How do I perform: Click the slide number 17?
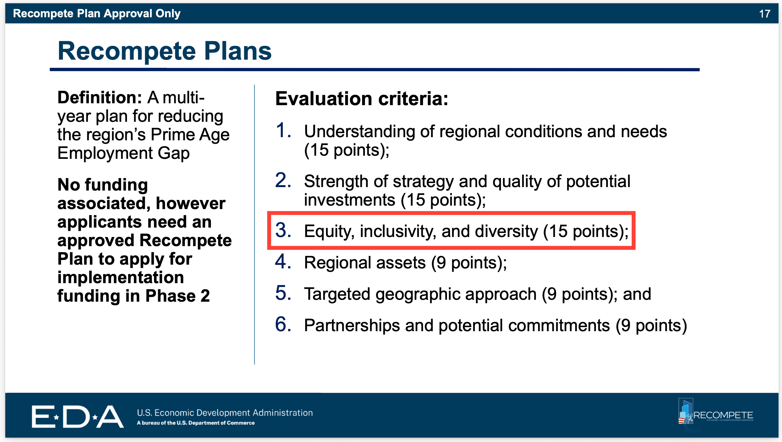tap(765, 14)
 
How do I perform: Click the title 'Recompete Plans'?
tap(165, 51)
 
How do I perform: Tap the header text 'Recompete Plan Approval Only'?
tap(97, 13)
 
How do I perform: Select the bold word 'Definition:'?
tap(100, 97)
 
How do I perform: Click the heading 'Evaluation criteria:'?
tap(362, 99)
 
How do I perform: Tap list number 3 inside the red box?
tap(283, 230)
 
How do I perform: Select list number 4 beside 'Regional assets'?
tap(283, 261)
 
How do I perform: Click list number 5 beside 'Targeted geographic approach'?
tap(283, 293)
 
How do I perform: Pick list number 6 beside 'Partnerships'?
tap(283, 324)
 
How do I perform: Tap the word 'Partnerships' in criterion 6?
tap(352, 326)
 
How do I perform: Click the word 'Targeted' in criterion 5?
tap(337, 294)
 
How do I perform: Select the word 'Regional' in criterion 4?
tap(338, 263)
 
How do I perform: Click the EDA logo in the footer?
tap(77, 416)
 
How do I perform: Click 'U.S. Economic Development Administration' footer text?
tap(225, 412)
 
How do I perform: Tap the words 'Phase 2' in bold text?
tap(178, 296)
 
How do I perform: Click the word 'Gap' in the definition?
tap(173, 154)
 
